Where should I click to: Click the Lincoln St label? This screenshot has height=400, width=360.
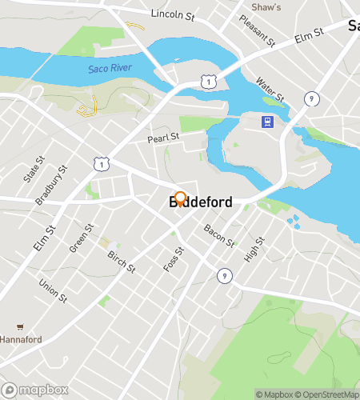172,14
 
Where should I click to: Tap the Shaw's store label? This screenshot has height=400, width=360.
266,7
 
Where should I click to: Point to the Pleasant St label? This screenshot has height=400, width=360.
258,30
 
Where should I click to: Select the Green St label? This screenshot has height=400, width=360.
80,237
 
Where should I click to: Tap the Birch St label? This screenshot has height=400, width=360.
122,261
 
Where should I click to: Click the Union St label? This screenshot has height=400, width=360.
53,290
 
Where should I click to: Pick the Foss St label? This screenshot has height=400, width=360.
174,259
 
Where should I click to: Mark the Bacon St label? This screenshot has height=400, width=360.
218,235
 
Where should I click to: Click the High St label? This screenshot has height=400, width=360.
254,250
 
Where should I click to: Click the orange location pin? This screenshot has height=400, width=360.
180,199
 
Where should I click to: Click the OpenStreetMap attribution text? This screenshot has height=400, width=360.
327,394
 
